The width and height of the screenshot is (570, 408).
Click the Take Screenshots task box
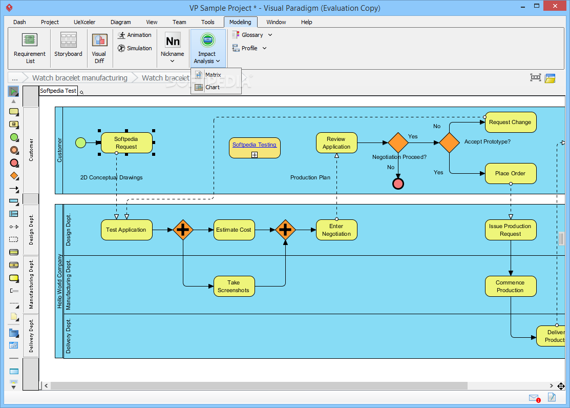click(x=234, y=286)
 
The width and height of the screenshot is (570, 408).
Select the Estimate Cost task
click(x=234, y=230)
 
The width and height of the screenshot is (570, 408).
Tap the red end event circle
click(x=398, y=184)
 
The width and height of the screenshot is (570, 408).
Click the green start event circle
click(x=80, y=142)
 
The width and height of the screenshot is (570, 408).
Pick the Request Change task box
click(x=511, y=123)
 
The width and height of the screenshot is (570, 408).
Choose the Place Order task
click(x=511, y=174)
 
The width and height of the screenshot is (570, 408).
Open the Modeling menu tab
click(x=240, y=22)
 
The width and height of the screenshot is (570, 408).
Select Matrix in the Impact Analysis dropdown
click(x=213, y=75)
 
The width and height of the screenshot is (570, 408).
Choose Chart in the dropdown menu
click(x=213, y=87)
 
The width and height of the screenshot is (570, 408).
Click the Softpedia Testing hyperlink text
click(x=255, y=145)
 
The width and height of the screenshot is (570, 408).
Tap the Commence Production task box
click(x=511, y=286)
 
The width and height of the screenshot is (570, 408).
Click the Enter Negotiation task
click(x=336, y=230)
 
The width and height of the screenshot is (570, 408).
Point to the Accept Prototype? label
click(x=487, y=141)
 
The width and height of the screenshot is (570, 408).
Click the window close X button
click(x=555, y=6)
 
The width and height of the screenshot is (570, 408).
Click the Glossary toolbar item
click(x=251, y=35)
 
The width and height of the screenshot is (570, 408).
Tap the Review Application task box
click(x=336, y=142)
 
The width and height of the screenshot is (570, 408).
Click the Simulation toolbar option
click(x=135, y=48)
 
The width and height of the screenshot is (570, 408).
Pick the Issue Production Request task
click(x=511, y=230)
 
